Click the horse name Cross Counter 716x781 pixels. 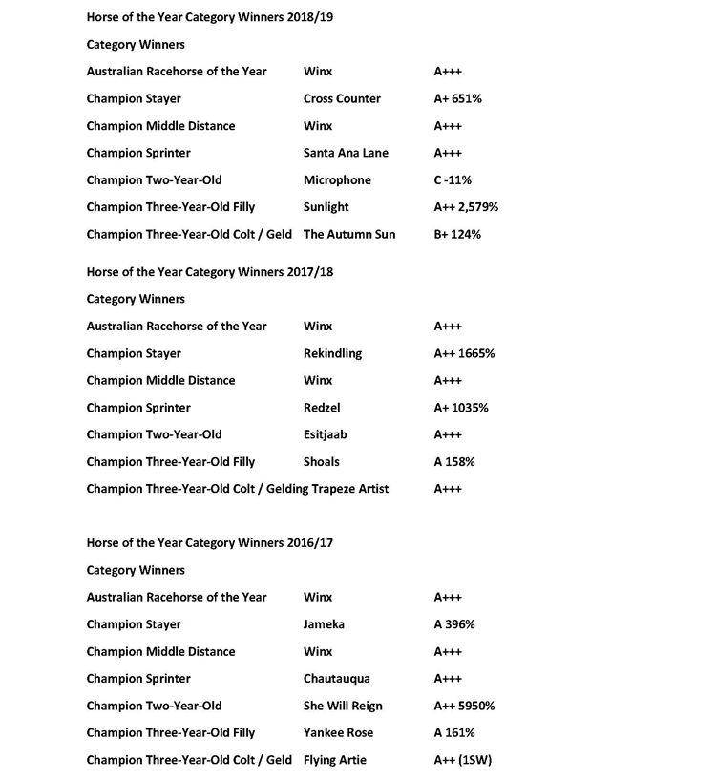(x=342, y=98)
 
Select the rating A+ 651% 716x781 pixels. (x=461, y=98)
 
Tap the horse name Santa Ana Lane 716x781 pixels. (x=346, y=153)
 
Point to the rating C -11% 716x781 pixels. (x=453, y=180)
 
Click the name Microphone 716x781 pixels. (x=337, y=180)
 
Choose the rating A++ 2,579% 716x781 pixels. (x=466, y=207)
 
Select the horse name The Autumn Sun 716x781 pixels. (x=348, y=234)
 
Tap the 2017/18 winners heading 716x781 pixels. (x=209, y=272)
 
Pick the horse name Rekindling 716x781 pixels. (x=332, y=353)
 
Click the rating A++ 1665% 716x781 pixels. (x=464, y=353)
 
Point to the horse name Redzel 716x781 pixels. (x=323, y=408)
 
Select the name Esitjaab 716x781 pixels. (x=325, y=434)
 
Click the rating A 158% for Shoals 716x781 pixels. (x=454, y=462)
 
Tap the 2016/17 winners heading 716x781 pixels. (x=209, y=542)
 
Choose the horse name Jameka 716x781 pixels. (x=324, y=624)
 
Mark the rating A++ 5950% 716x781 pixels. (x=464, y=706)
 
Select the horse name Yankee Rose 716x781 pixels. (x=338, y=732)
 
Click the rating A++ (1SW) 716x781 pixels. (x=462, y=760)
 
